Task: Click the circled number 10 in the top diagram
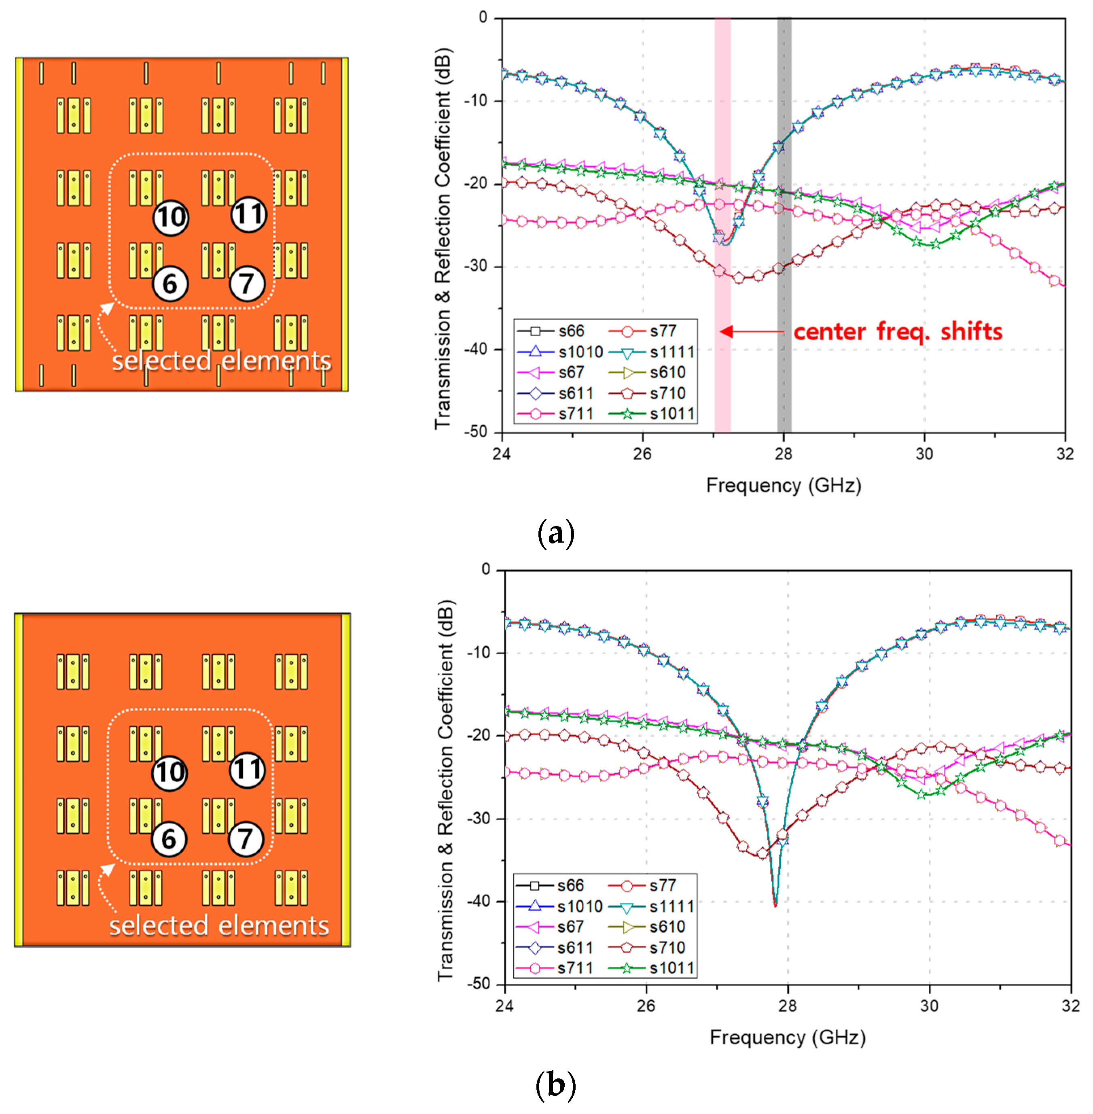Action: pos(170,217)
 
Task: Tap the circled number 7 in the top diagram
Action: pos(247,284)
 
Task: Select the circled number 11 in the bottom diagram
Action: pos(248,770)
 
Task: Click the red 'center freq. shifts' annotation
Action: pos(897,332)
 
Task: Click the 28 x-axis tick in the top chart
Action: pos(784,454)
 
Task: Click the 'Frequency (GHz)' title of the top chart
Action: pos(783,485)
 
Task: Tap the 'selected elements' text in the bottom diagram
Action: pos(219,926)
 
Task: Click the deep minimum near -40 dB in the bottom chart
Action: pos(775,904)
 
